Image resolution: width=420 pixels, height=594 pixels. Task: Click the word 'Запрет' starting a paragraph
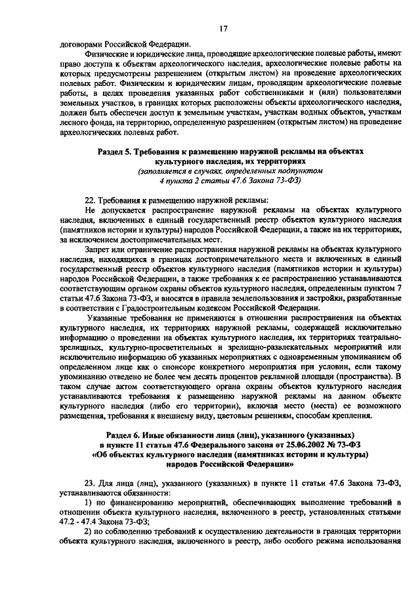(99, 251)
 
